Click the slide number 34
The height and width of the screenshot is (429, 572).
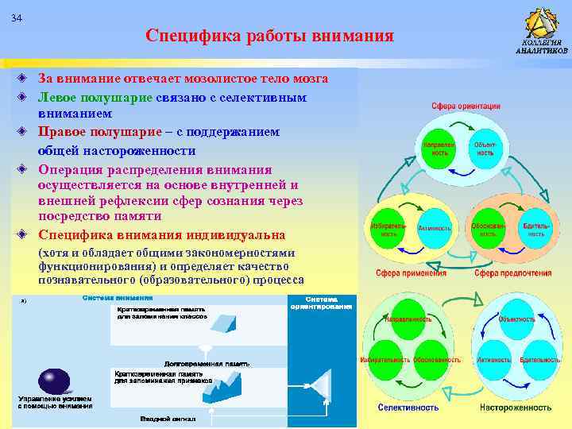point(17,19)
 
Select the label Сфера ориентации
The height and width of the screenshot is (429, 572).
point(466,106)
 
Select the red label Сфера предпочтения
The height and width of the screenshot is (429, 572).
point(512,273)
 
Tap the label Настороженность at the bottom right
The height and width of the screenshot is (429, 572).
point(515,408)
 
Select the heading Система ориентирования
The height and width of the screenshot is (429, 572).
point(322,303)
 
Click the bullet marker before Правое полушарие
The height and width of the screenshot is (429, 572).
point(24,132)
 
